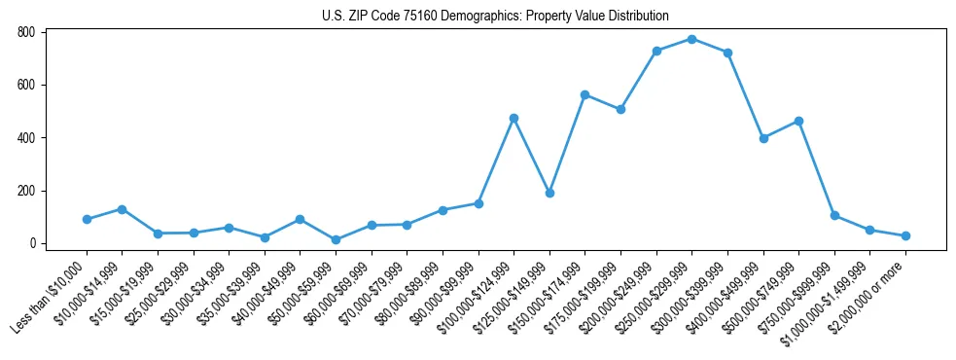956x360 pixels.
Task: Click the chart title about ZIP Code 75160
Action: [x=495, y=16]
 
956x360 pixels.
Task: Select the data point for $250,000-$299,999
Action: [x=691, y=39]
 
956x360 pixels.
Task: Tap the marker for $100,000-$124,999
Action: [x=513, y=118]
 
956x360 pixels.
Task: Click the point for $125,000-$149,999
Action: [x=549, y=193]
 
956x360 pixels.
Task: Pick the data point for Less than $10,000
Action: [x=87, y=219]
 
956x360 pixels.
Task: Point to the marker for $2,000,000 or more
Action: [x=905, y=235]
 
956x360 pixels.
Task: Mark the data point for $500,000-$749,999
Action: [x=798, y=121]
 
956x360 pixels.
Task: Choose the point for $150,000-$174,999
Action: [x=584, y=94]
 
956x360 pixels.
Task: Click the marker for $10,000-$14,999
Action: [x=122, y=209]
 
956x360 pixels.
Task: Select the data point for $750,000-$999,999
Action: [x=834, y=215]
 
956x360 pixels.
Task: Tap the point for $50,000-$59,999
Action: [x=336, y=239]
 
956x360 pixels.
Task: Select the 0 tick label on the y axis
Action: [x=32, y=243]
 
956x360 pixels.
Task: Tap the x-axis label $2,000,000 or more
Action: [x=870, y=292]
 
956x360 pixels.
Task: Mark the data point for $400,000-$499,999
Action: [x=763, y=138]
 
